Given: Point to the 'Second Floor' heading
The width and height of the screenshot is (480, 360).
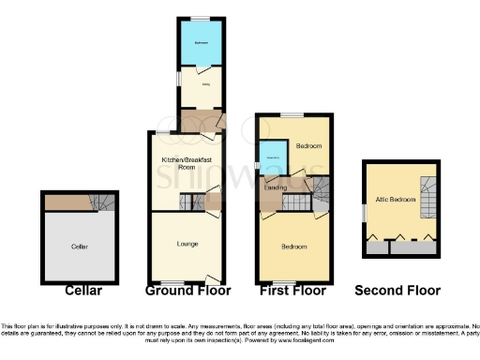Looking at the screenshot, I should coord(401,292).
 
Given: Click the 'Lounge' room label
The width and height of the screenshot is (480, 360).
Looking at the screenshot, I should coord(186,244).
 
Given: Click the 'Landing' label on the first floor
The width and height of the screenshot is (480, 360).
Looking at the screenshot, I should coord(276,188).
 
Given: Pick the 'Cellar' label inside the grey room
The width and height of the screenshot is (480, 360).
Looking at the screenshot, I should coord(79,247).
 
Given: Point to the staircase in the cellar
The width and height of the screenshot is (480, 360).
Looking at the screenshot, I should coord(102,202).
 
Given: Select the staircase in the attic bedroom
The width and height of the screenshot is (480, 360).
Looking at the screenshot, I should coord(428,200).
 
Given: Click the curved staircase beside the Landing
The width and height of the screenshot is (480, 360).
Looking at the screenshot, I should coord(321,192).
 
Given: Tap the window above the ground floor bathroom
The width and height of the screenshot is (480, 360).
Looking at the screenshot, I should coord(202,20).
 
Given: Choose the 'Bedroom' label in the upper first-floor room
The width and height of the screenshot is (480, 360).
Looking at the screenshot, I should coord(308,147).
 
